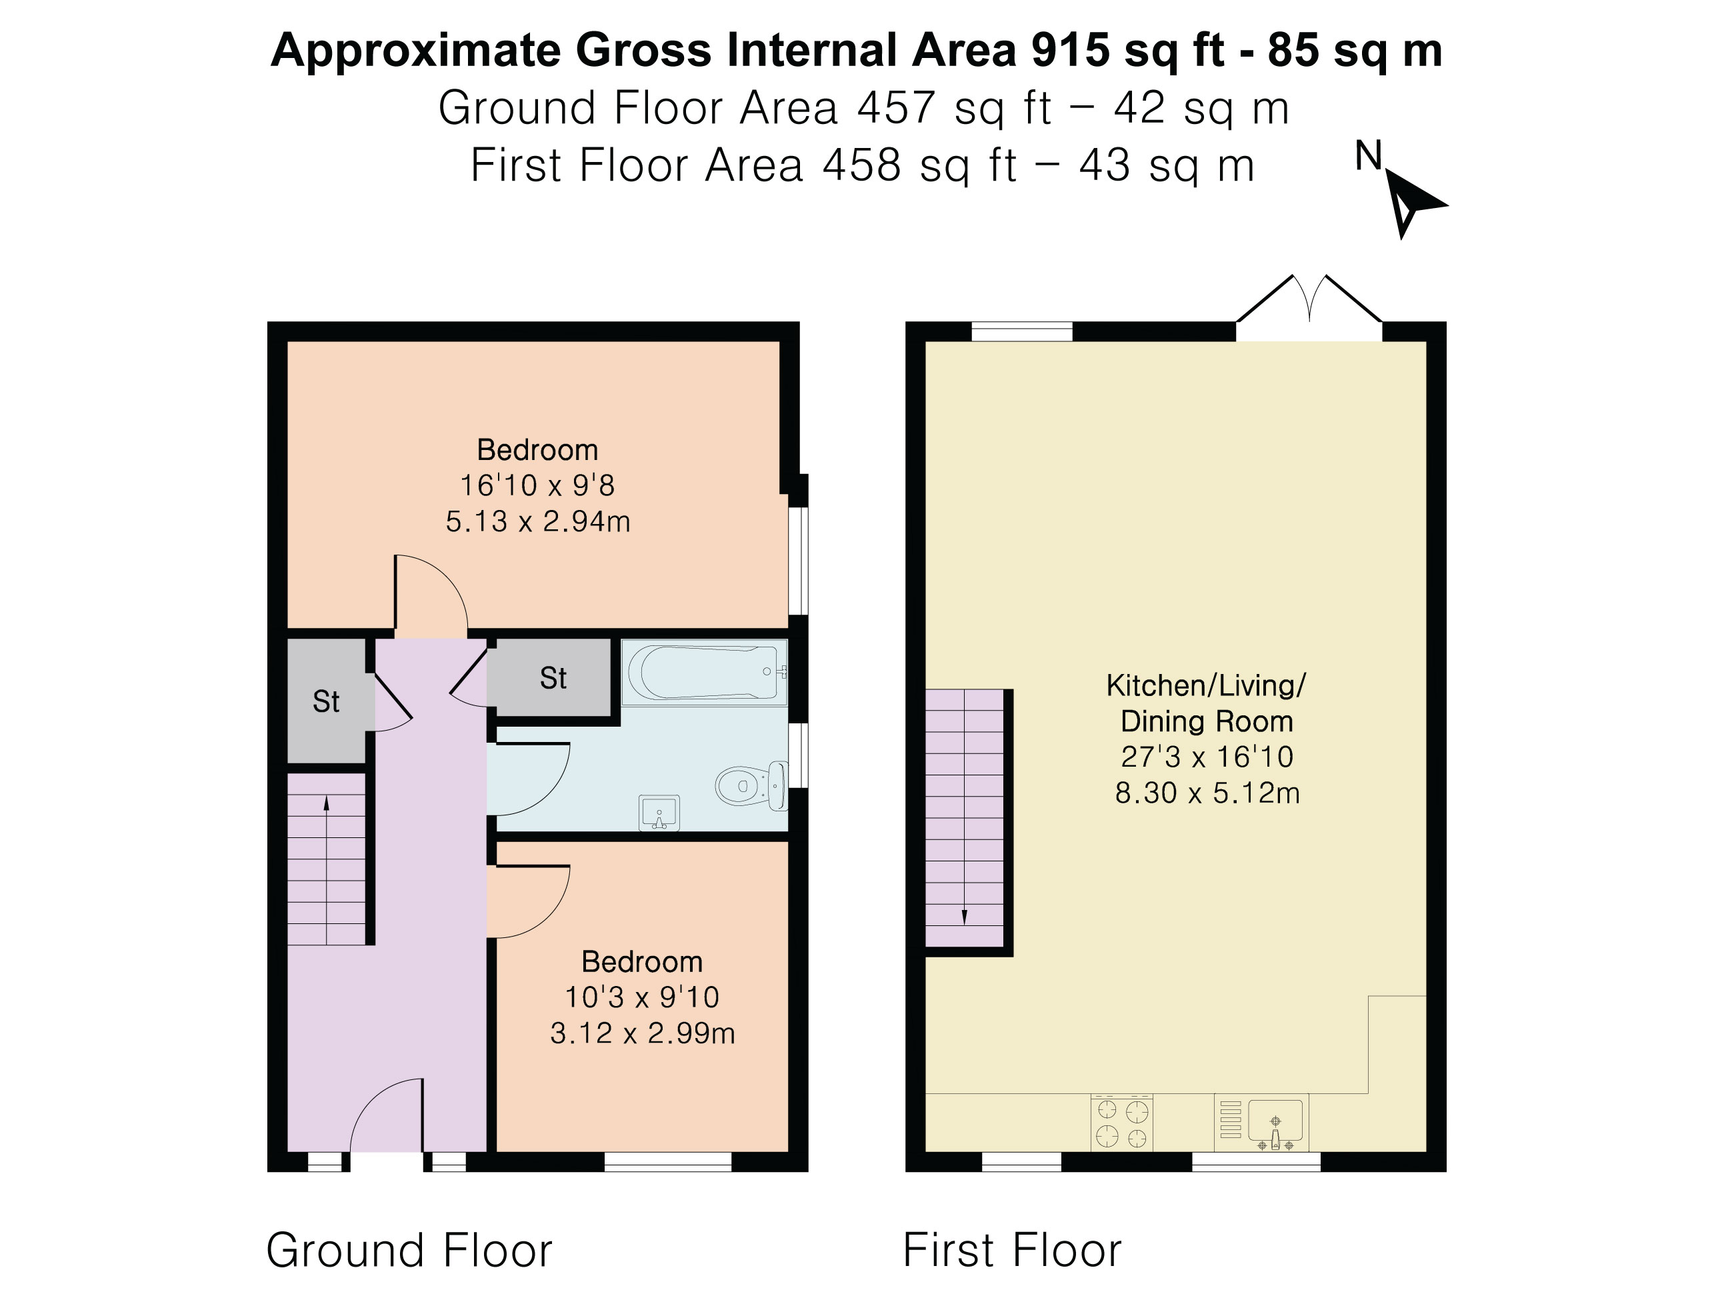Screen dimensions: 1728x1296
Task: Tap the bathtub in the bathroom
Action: click(x=704, y=672)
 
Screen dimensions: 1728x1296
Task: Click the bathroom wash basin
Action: click(x=659, y=813)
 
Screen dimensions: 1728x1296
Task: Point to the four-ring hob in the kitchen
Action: click(x=1122, y=1123)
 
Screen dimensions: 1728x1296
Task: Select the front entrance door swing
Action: click(x=387, y=1115)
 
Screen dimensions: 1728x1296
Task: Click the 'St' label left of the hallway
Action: click(x=326, y=701)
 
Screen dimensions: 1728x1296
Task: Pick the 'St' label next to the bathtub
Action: click(x=553, y=678)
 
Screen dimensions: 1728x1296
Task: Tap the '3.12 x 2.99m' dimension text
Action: click(x=642, y=1033)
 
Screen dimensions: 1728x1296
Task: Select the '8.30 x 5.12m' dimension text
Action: click(x=1207, y=793)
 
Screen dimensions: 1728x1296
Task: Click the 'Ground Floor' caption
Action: click(x=409, y=1250)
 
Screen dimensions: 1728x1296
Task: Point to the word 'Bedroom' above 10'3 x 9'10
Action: click(x=642, y=961)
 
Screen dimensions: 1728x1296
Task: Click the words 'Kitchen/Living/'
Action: click(x=1206, y=686)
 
